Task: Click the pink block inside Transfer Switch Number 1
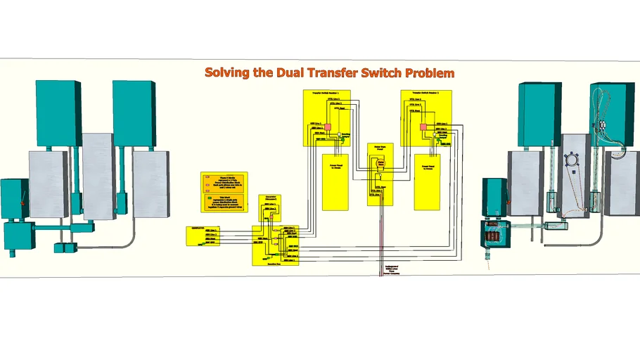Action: tap(327, 127)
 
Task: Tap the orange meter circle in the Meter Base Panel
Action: tap(381, 164)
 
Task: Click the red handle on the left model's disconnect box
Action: tap(23, 203)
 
